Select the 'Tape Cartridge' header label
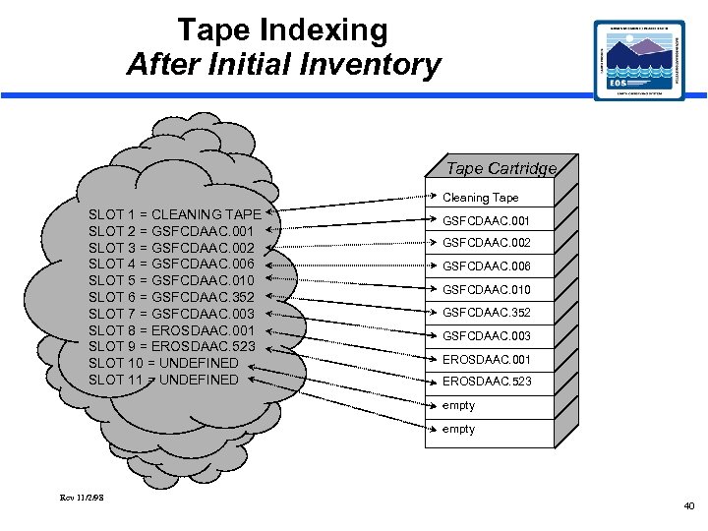(x=501, y=168)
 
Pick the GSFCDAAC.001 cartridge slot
(x=487, y=221)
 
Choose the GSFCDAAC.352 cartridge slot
(x=487, y=313)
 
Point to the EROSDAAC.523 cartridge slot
(x=487, y=382)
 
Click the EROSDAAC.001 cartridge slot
(x=487, y=359)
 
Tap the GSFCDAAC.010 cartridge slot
(x=487, y=290)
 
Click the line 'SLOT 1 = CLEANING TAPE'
(x=175, y=214)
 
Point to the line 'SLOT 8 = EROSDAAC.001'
(x=172, y=329)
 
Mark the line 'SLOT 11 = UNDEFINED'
(x=163, y=380)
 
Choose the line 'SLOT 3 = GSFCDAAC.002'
(x=172, y=248)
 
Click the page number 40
(x=688, y=506)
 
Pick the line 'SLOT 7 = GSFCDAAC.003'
(x=172, y=313)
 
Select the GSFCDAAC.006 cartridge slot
(x=487, y=266)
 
